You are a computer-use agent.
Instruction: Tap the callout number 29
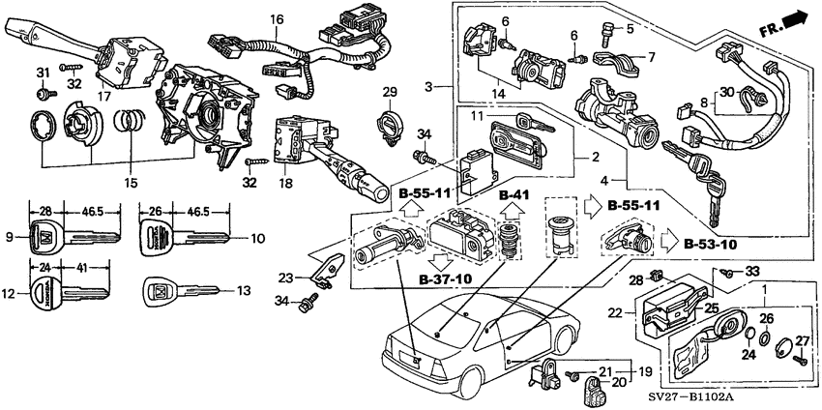point(389,92)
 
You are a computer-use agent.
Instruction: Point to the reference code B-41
point(514,195)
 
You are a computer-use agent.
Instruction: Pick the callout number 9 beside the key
point(9,237)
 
